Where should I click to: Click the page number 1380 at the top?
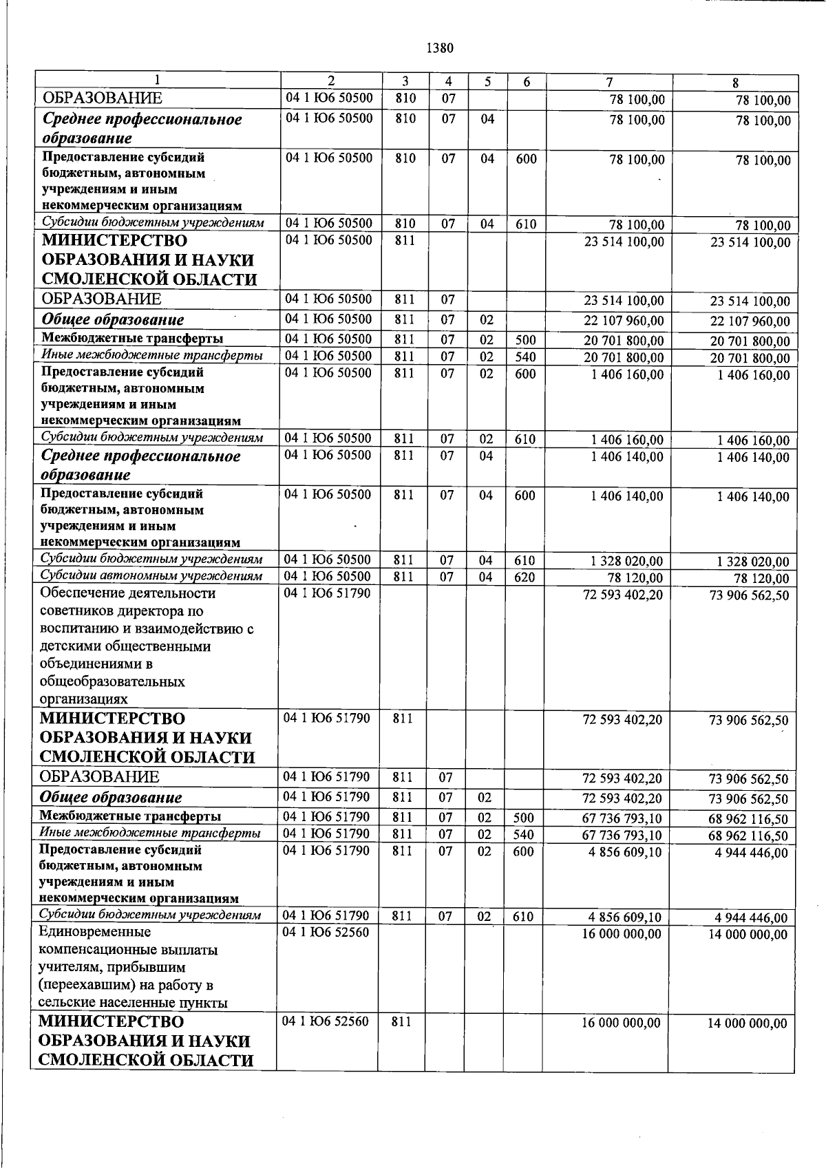click(x=440, y=48)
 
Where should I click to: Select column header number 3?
click(x=405, y=81)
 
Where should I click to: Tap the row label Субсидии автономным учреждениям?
click(x=151, y=576)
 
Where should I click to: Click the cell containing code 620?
click(x=525, y=577)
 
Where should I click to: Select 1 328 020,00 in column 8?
click(x=753, y=562)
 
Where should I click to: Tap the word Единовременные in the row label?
click(x=94, y=933)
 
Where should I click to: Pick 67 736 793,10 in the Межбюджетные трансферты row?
click(x=622, y=819)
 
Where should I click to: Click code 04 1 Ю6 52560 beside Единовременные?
click(x=326, y=933)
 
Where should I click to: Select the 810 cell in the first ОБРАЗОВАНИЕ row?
click(x=405, y=98)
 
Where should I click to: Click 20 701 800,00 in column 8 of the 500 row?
click(x=750, y=341)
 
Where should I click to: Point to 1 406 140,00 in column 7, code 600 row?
click(x=626, y=496)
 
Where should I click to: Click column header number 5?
click(x=487, y=81)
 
